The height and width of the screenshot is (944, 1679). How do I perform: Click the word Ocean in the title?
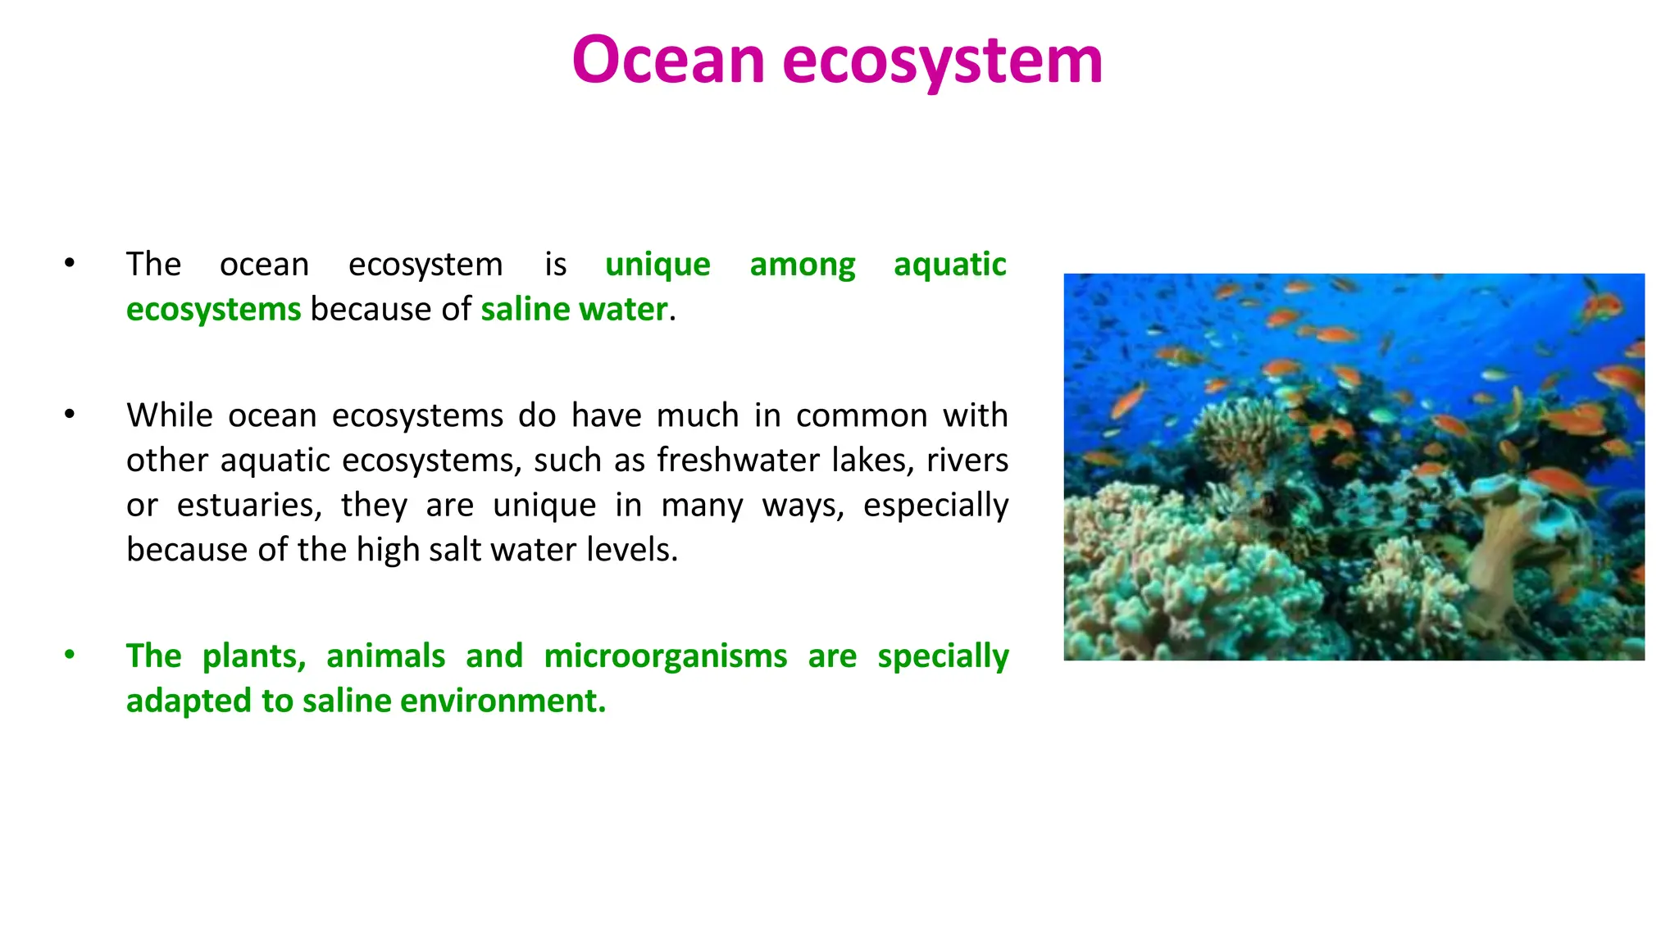(667, 60)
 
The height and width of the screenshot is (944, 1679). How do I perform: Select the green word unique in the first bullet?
(657, 265)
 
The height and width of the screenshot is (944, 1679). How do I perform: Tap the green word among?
(802, 265)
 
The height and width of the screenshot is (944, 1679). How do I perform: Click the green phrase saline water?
(574, 310)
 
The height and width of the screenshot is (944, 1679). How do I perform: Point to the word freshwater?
(738, 461)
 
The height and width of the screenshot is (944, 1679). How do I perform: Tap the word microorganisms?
(665, 656)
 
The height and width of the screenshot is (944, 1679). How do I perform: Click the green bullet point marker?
(70, 655)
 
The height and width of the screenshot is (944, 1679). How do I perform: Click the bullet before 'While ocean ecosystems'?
(70, 415)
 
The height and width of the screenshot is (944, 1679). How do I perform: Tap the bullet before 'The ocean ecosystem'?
(70, 263)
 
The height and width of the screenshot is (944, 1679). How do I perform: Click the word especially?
(935, 506)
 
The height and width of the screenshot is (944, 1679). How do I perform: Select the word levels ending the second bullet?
(632, 550)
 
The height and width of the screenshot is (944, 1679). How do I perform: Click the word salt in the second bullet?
(454, 550)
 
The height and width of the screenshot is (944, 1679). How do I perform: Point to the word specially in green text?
(943, 656)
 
